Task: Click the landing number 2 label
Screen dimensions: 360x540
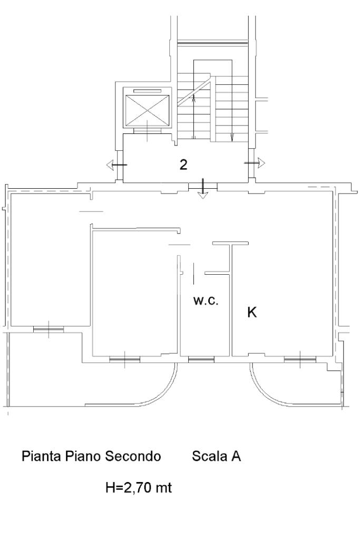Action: (x=183, y=165)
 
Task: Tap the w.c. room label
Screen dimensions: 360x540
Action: (x=206, y=301)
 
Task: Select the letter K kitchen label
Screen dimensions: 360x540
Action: (x=252, y=312)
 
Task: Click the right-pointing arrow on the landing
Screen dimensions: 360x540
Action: (x=255, y=162)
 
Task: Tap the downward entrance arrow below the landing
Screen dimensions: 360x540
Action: (x=203, y=189)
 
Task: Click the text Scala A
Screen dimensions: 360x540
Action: (x=217, y=456)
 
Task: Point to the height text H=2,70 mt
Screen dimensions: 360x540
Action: (x=139, y=487)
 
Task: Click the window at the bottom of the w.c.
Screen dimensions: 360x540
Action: (x=201, y=360)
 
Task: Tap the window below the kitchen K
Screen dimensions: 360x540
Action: (x=300, y=360)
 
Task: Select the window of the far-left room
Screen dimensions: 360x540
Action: (x=48, y=330)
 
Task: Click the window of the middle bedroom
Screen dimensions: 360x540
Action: (x=124, y=360)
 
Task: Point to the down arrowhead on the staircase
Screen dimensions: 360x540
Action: (x=232, y=138)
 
